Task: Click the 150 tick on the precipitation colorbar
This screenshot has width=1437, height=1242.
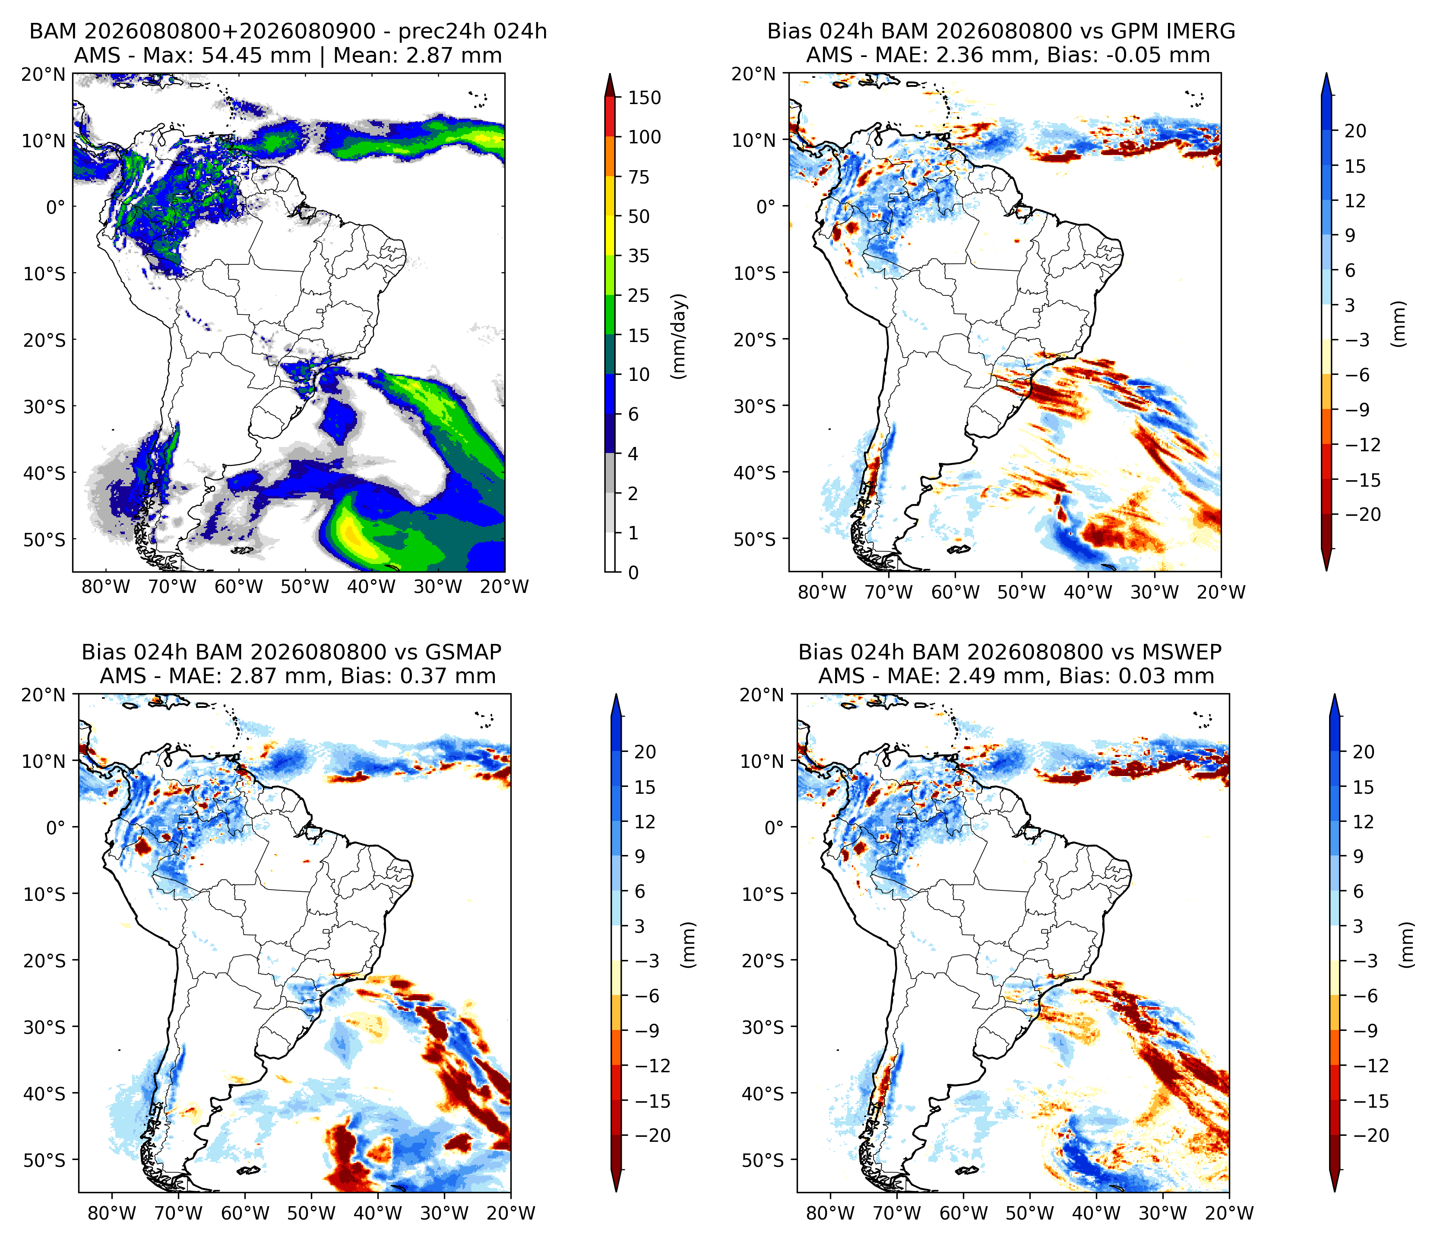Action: (x=644, y=98)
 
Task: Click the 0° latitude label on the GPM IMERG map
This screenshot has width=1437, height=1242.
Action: (x=766, y=207)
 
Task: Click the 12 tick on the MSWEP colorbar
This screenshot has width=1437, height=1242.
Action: (x=1363, y=822)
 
